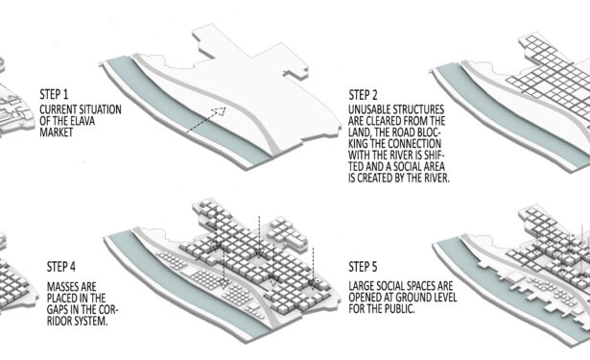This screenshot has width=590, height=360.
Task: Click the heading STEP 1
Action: (x=54, y=94)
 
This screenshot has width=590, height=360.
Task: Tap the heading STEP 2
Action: (x=363, y=94)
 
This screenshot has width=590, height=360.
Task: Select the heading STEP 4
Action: (x=61, y=267)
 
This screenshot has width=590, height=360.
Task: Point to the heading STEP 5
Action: (x=363, y=267)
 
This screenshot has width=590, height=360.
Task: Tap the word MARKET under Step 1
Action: (x=57, y=132)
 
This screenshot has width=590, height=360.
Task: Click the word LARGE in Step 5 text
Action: (x=362, y=286)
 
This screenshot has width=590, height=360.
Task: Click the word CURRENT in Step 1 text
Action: (x=58, y=109)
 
